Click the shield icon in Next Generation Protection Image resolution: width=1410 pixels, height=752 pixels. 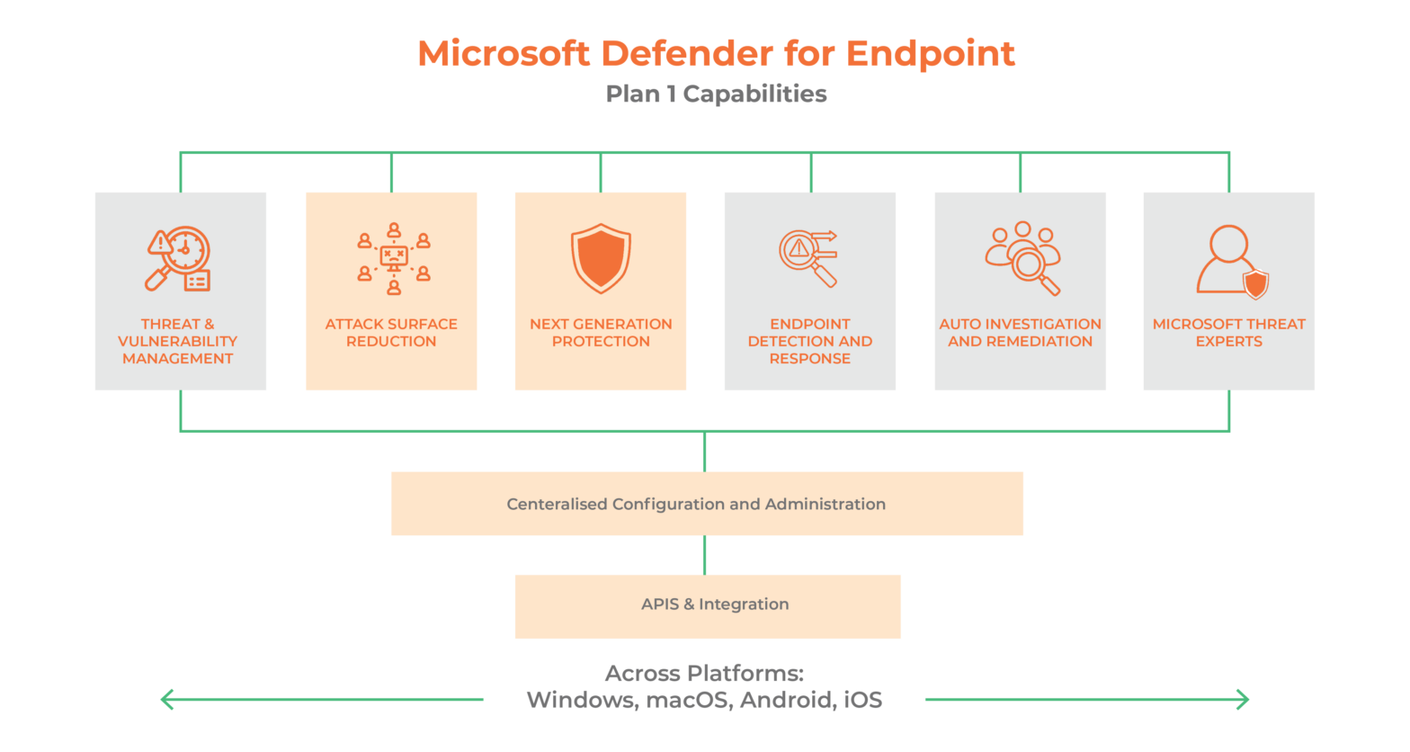tap(601, 258)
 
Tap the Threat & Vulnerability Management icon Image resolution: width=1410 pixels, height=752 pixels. tap(178, 259)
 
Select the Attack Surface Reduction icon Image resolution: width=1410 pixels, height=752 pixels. tap(393, 259)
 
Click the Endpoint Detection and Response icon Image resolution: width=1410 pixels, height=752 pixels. tap(808, 259)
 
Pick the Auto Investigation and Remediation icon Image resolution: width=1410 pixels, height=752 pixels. tap(1022, 258)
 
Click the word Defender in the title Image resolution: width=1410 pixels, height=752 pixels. tap(686, 54)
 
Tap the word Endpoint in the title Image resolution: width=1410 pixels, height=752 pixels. tap(931, 54)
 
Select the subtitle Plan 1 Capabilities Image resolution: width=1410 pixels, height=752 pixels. tap(716, 94)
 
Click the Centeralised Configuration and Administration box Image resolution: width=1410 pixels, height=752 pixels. tap(707, 504)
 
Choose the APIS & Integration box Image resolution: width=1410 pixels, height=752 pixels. tap(708, 605)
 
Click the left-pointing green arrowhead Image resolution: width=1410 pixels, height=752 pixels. tap(166, 699)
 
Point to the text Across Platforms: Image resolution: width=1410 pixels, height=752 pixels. tap(704, 674)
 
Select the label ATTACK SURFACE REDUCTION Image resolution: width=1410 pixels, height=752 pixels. tap(391, 333)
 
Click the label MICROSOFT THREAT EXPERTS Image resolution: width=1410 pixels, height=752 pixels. tap(1228, 333)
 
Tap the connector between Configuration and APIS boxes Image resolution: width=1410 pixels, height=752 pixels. tap(704, 555)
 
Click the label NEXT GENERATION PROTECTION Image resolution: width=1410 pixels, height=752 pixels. tap(601, 333)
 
